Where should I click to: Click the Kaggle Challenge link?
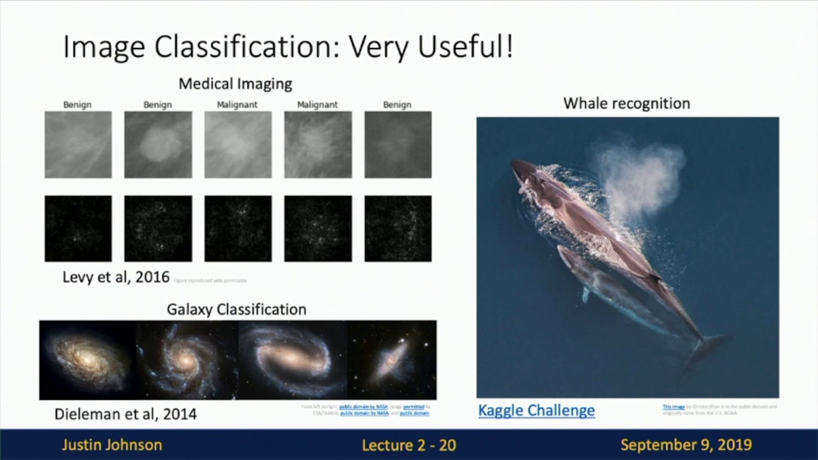tap(536, 410)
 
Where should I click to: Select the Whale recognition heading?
tap(626, 103)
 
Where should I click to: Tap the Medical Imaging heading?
tap(235, 84)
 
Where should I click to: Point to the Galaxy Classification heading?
tap(236, 309)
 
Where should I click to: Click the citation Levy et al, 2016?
tap(116, 277)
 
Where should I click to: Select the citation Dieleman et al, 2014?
tap(125, 414)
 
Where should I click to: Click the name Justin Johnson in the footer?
tap(112, 445)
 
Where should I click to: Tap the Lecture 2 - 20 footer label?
tap(409, 445)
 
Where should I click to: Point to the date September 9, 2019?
tap(686, 445)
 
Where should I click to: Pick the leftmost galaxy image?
tap(88, 360)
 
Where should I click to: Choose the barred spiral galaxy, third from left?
tap(293, 360)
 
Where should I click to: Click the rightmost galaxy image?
tap(392, 360)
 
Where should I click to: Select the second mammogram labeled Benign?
tap(158, 144)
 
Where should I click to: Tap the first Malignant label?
tap(237, 105)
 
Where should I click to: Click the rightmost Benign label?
tap(397, 105)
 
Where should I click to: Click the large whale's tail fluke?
tap(709, 345)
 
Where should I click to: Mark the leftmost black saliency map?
tap(78, 229)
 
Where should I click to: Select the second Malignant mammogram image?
tap(318, 144)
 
